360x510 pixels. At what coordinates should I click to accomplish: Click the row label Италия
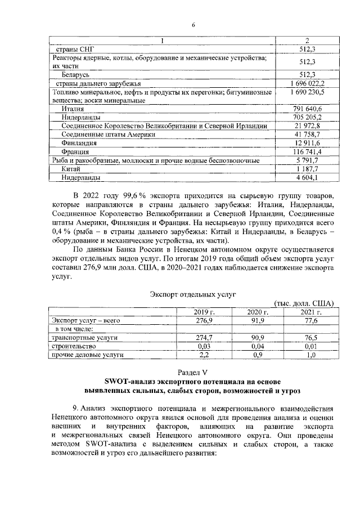coord(73,108)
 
